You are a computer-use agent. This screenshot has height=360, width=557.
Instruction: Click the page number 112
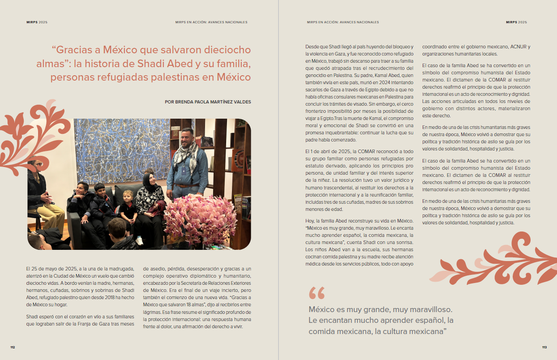coord(13,347)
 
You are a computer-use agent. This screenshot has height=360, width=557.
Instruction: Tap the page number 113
coord(544,347)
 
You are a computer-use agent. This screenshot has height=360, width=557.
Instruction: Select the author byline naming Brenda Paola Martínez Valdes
coord(208,102)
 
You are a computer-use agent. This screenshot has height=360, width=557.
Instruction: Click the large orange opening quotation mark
coord(317,293)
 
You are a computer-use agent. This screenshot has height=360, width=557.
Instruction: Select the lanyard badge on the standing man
coord(183,169)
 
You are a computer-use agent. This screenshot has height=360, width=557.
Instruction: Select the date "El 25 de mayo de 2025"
coord(50,269)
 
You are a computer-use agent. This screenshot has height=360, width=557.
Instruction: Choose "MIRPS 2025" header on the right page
coord(516,22)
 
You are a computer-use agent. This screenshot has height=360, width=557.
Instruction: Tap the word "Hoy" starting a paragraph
coord(310,221)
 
